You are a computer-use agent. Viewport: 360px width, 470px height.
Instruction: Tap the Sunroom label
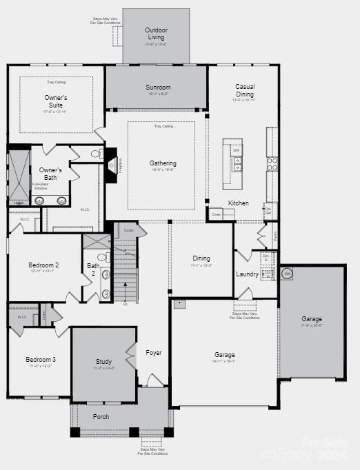(158, 88)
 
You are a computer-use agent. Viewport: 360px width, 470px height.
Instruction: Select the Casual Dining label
(245, 90)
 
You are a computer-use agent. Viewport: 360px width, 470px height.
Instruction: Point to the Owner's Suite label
(56, 101)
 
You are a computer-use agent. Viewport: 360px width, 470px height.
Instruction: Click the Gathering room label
(163, 163)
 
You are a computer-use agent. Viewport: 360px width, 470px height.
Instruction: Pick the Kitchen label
(239, 203)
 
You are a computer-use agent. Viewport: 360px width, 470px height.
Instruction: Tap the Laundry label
(247, 274)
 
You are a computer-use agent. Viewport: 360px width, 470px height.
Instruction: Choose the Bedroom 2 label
(43, 265)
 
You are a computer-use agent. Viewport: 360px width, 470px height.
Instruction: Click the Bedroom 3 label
(41, 360)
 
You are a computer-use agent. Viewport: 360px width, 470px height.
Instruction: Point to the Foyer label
(154, 353)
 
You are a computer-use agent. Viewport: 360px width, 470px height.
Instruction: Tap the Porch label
(101, 416)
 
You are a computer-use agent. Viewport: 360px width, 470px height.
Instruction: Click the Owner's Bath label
(50, 174)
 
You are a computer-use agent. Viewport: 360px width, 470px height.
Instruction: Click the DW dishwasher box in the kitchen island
(236, 150)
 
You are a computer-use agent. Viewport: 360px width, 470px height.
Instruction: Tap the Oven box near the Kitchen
(216, 214)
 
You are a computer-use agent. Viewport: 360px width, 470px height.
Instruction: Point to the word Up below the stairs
(125, 304)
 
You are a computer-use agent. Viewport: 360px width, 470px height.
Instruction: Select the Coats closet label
(129, 229)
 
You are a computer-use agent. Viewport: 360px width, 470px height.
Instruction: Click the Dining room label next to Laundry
(201, 258)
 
